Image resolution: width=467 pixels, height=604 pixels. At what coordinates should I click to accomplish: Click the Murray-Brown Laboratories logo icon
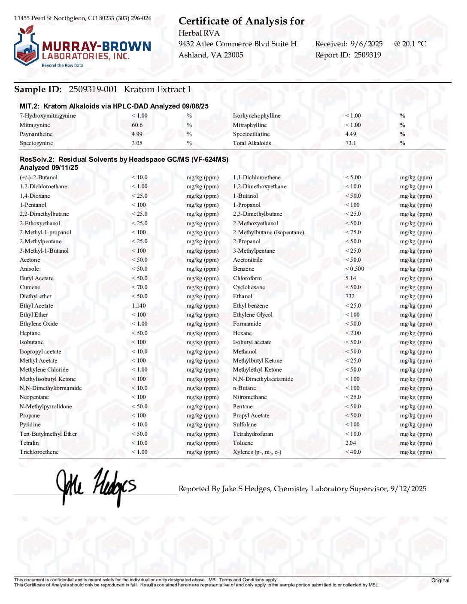[26, 46]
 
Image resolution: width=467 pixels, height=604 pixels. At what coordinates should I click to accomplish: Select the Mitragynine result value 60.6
[137, 125]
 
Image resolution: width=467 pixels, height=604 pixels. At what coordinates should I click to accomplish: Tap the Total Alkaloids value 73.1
[350, 143]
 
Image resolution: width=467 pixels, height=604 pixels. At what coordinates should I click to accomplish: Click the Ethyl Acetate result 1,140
[139, 306]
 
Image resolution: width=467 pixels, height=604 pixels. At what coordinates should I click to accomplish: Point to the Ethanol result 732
[350, 296]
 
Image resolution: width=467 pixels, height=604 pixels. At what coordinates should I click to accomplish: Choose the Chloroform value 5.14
[351, 278]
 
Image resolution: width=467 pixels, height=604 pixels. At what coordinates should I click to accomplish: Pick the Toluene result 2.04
[350, 443]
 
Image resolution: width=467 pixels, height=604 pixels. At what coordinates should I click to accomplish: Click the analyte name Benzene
[243, 269]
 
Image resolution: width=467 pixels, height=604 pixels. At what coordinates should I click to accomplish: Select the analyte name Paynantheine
[36, 134]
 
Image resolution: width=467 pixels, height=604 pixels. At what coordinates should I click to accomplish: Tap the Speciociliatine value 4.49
[350, 134]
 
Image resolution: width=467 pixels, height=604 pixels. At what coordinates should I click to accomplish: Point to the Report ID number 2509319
[367, 55]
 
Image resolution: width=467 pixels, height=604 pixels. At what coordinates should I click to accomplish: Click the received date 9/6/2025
[366, 44]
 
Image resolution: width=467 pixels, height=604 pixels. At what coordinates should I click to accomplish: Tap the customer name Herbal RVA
[199, 33]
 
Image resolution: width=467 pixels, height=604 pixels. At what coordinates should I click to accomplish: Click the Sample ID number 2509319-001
[93, 89]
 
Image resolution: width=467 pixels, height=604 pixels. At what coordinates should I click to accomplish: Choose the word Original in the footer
[440, 580]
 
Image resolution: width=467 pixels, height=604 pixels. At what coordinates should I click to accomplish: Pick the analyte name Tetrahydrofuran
[253, 434]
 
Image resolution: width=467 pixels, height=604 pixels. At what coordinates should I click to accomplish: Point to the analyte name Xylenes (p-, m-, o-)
[257, 452]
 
